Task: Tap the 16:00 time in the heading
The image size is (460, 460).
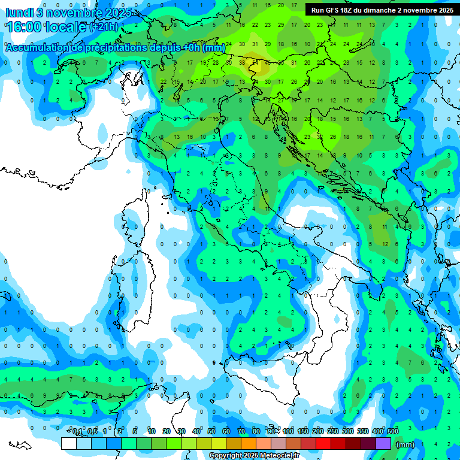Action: pyautogui.click(x=25, y=27)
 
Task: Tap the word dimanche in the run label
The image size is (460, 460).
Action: pyautogui.click(x=385, y=10)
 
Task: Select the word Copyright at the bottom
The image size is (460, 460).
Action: pyautogui.click(x=226, y=456)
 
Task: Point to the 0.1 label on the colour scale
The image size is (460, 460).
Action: pyautogui.click(x=77, y=432)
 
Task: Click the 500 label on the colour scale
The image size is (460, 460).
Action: pyautogui.click(x=393, y=432)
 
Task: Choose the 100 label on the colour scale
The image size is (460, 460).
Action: pyautogui.click(x=288, y=432)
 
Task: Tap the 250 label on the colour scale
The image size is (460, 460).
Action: pyautogui.click(x=333, y=432)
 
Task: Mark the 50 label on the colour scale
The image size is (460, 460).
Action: pyautogui.click(x=211, y=432)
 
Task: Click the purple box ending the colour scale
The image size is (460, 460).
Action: pyautogui.click(x=383, y=443)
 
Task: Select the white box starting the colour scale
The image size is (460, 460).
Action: pyautogui.click(x=69, y=443)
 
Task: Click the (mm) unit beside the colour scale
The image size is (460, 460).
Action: pyautogui.click(x=405, y=444)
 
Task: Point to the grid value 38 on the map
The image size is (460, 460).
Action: pyautogui.click(x=242, y=62)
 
